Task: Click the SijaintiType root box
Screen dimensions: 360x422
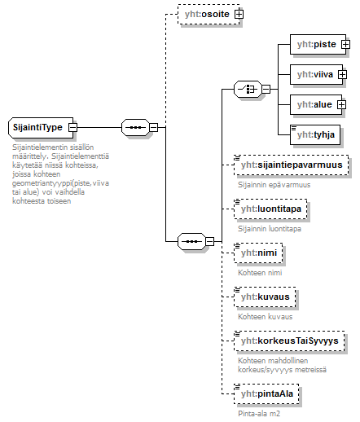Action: tap(41, 127)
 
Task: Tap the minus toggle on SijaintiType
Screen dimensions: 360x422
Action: tap(72, 127)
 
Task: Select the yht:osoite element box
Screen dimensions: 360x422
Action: tap(209, 14)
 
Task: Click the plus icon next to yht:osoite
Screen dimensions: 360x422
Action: tap(239, 14)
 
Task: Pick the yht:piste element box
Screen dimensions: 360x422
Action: tap(318, 44)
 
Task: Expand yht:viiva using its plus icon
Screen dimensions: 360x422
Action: tap(342, 74)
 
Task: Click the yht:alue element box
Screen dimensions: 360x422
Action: tap(316, 104)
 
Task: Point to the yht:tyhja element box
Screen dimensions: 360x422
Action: tap(315, 134)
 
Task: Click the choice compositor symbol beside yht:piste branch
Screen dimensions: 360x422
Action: tap(248, 89)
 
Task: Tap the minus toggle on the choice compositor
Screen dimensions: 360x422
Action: tap(266, 89)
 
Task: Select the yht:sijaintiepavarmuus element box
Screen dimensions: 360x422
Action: tap(292, 165)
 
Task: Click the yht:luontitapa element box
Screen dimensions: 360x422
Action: tap(270, 209)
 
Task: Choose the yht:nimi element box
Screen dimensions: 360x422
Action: tap(258, 253)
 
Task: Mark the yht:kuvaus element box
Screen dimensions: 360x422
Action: tap(265, 297)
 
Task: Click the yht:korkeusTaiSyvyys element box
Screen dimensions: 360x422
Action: tap(289, 341)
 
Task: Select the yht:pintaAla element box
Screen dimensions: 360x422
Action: tap(266, 393)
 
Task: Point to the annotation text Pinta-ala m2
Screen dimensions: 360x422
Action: tap(259, 414)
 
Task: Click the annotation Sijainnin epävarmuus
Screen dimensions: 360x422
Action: tap(274, 185)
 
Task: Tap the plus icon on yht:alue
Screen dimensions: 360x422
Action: tap(341, 104)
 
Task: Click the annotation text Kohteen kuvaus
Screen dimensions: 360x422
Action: tap(265, 317)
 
